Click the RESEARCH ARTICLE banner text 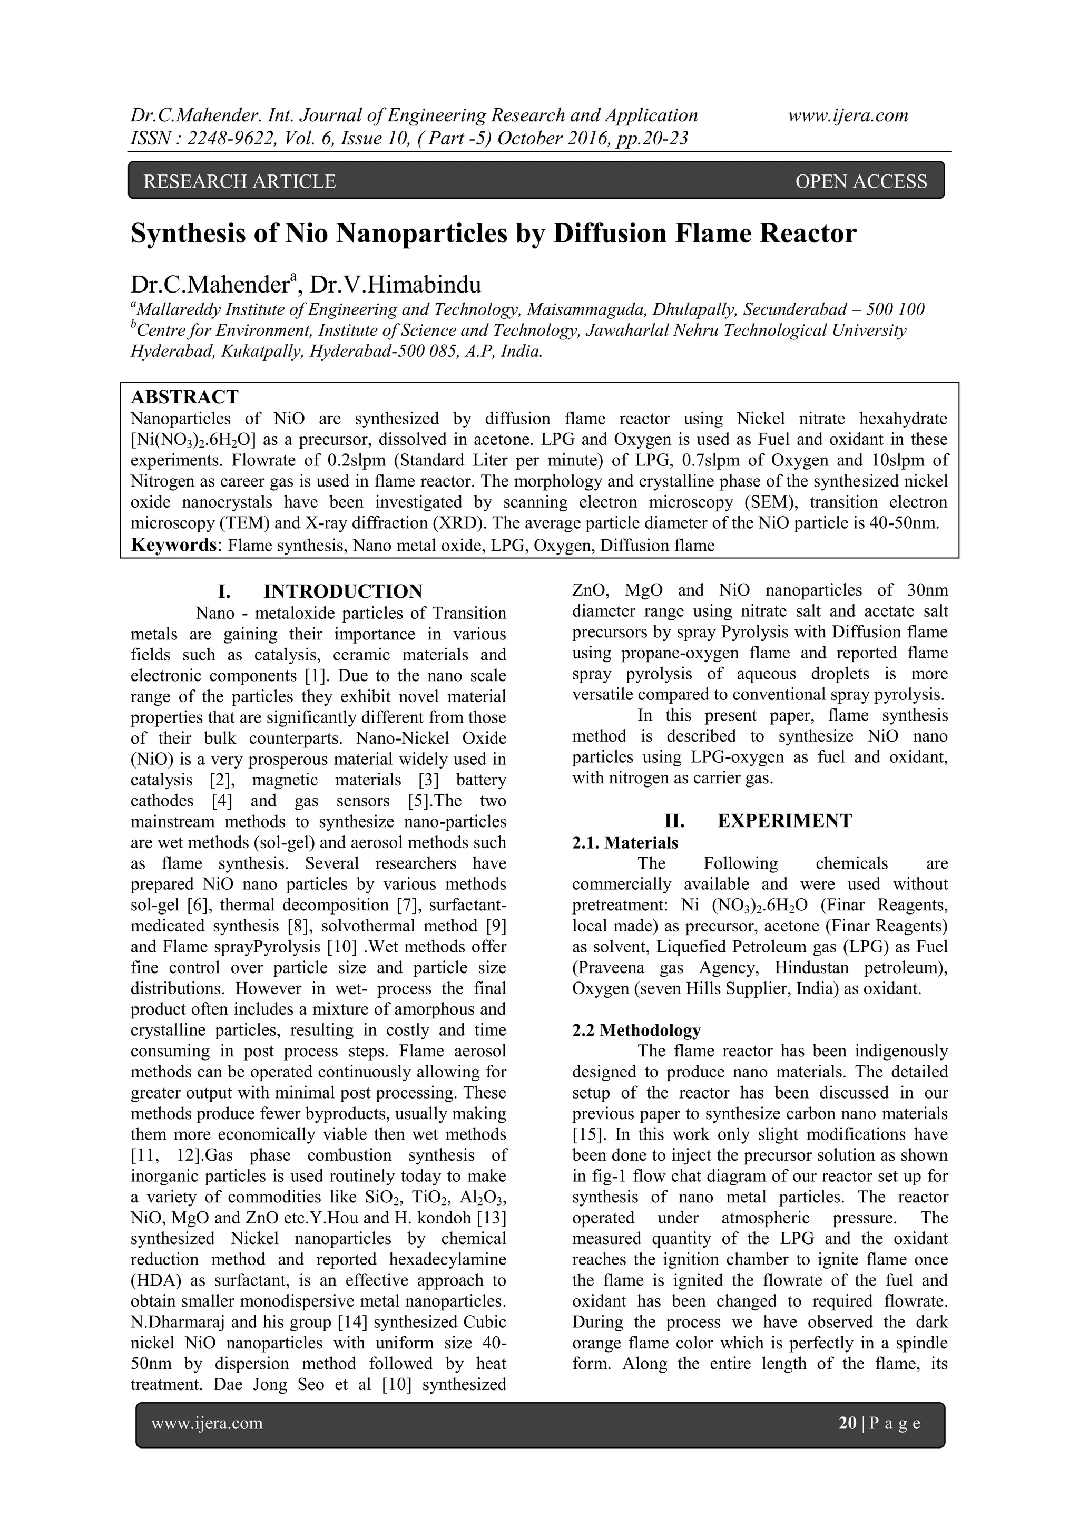239,181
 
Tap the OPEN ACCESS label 860,181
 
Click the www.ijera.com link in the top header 848,115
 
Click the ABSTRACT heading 184,397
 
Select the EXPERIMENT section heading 784,820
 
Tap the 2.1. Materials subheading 624,843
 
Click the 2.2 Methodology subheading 636,1030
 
